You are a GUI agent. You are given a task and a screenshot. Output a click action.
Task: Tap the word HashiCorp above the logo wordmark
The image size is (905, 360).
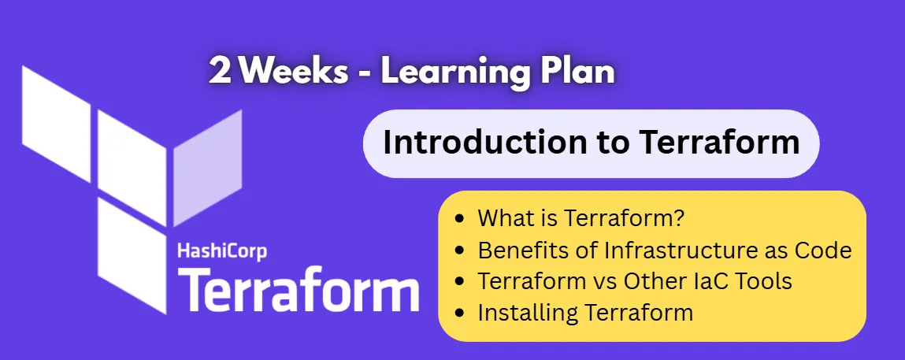coord(223,251)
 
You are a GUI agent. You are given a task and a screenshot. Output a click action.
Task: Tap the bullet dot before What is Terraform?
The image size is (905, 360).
coord(461,218)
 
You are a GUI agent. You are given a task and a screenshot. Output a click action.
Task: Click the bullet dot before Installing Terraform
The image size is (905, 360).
coord(461,313)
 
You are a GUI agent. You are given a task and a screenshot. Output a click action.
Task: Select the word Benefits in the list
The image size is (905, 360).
coord(517,251)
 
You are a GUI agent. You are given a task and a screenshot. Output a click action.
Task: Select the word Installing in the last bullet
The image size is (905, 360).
coord(529,313)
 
